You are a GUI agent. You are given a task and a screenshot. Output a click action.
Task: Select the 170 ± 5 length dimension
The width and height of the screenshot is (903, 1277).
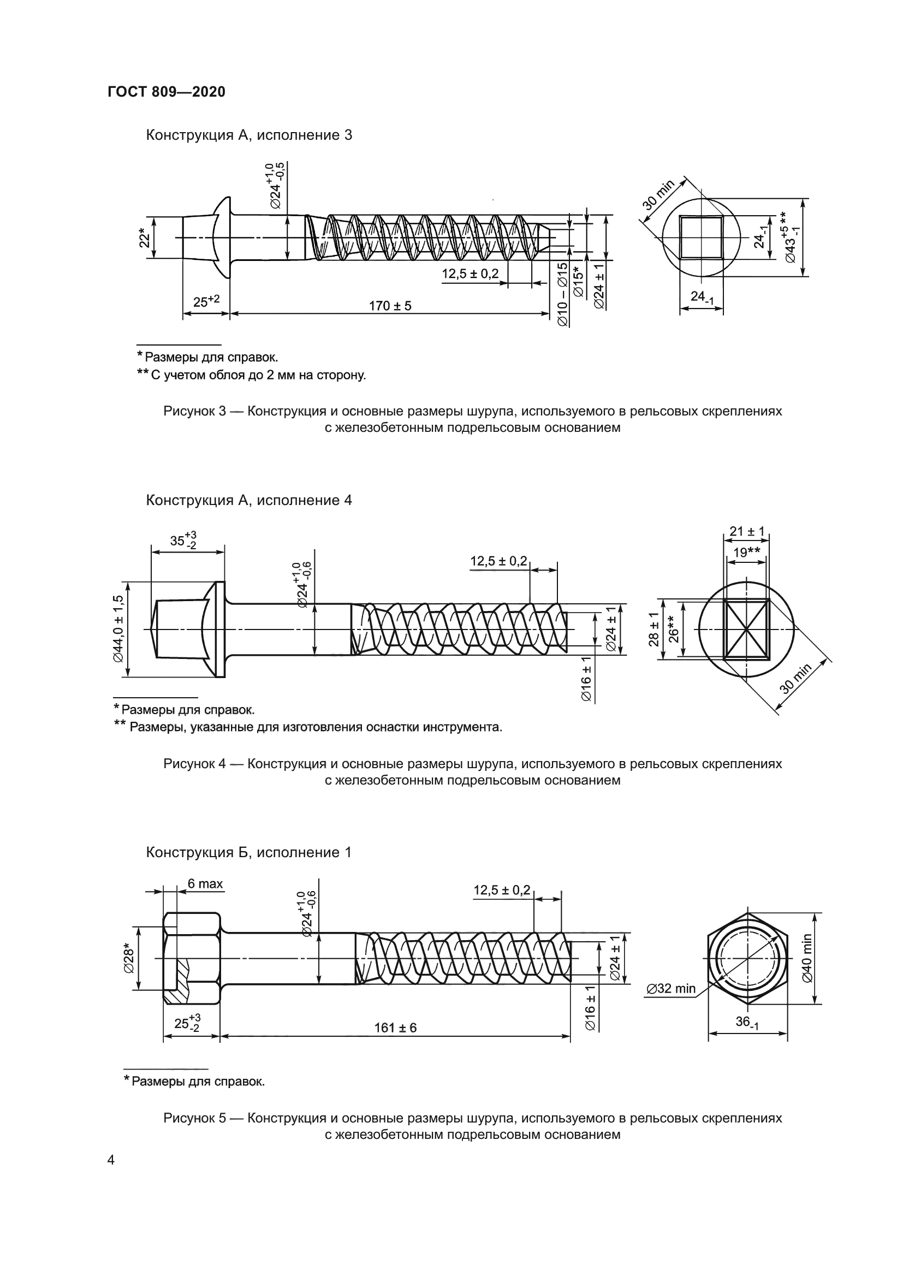390,306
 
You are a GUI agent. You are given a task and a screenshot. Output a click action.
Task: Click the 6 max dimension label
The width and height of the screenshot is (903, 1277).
205,884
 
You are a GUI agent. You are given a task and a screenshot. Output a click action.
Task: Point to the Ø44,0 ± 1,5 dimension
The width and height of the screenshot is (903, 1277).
118,629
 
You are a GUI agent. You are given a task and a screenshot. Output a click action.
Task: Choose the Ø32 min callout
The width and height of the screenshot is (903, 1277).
671,988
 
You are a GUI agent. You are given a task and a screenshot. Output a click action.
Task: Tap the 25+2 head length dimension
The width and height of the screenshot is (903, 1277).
206,302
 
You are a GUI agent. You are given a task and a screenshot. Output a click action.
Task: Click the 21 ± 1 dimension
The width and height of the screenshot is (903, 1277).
747,531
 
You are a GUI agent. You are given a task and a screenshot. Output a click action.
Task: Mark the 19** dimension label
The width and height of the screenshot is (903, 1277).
746,553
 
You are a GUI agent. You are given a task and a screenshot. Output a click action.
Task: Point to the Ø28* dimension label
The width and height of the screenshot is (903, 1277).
128,959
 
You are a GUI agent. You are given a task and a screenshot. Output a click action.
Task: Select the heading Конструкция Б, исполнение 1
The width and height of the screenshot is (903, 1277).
248,853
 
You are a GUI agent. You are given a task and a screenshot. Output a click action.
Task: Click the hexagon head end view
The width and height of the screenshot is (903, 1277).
748,958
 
